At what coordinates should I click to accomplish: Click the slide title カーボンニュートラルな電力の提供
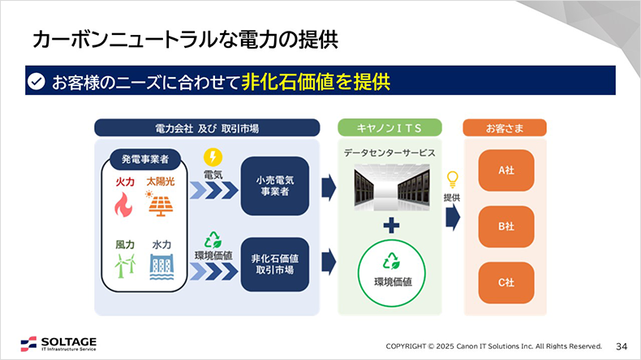pyautogui.click(x=184, y=38)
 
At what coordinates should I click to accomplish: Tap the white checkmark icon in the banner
pyautogui.click(x=36, y=81)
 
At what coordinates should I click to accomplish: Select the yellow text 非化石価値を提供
pyautogui.click(x=316, y=81)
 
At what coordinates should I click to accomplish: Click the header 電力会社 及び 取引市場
pyautogui.click(x=206, y=128)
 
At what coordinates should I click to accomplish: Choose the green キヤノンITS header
pyautogui.click(x=389, y=128)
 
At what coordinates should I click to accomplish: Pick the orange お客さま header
pyautogui.click(x=505, y=128)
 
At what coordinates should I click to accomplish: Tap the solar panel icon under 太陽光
pyautogui.click(x=161, y=204)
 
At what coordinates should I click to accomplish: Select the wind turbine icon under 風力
pyautogui.click(x=124, y=265)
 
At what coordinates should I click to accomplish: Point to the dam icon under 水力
pyautogui.click(x=161, y=265)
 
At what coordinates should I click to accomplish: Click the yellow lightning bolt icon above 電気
pyautogui.click(x=213, y=156)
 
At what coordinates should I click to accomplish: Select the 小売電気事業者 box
pyautogui.click(x=275, y=186)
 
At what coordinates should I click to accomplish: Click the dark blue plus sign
pyautogui.click(x=390, y=225)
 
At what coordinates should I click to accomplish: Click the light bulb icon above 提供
pyautogui.click(x=452, y=179)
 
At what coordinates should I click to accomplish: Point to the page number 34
pyautogui.click(x=622, y=345)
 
